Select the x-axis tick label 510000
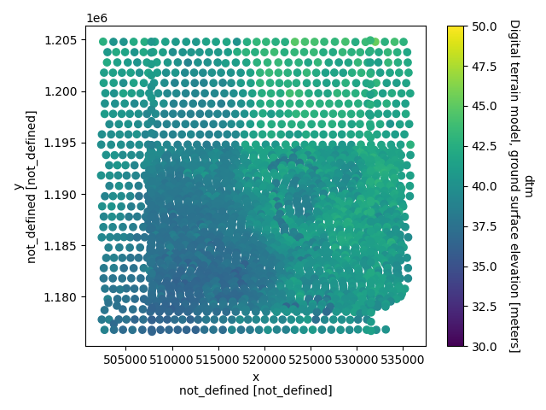172,360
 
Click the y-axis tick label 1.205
63,41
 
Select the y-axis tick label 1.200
63,92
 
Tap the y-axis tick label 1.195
63,143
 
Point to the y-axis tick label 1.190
63,195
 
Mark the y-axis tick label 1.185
63,246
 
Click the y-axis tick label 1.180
63,297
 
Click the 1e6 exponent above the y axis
96,18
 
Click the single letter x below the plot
256,377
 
